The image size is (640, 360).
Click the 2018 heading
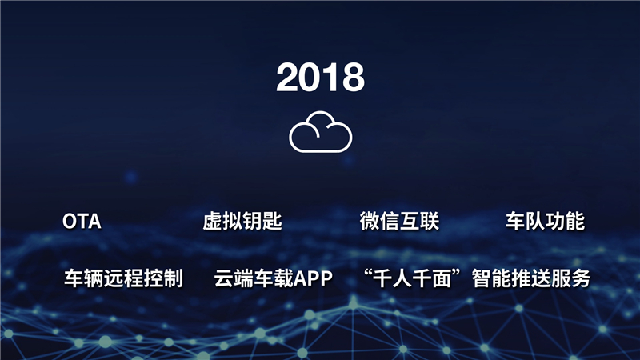coord(320,78)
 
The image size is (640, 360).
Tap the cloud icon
coord(320,132)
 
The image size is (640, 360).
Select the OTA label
coord(82,222)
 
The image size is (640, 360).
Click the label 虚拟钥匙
coord(242,222)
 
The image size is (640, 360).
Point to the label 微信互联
coord(399,222)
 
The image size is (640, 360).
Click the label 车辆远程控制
coord(123,278)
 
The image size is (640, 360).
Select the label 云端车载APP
coord(273,278)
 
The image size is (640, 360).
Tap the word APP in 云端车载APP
coord(314,278)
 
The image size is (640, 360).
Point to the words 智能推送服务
coord(531,278)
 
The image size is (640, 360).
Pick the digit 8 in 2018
coord(353,78)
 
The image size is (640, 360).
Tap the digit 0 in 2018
coord(310,78)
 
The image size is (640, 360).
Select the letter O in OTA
coord(70,222)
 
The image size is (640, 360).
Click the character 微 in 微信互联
coord(370,222)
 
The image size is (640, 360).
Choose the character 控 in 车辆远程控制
coord(154,278)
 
